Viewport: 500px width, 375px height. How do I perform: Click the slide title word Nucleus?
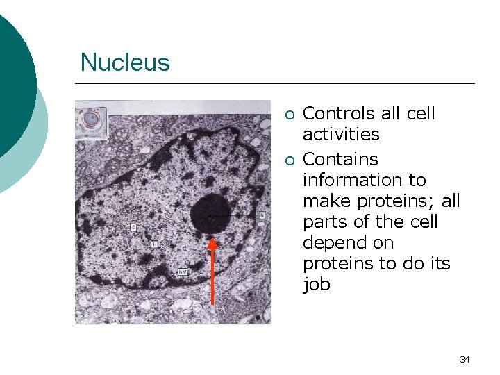(125, 62)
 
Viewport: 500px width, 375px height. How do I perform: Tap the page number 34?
(465, 359)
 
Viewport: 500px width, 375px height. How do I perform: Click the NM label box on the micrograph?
(183, 271)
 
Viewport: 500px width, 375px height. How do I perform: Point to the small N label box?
(262, 215)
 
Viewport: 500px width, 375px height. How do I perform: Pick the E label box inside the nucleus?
(133, 227)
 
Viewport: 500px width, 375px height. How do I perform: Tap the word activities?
(341, 134)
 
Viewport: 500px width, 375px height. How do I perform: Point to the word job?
(317, 285)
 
